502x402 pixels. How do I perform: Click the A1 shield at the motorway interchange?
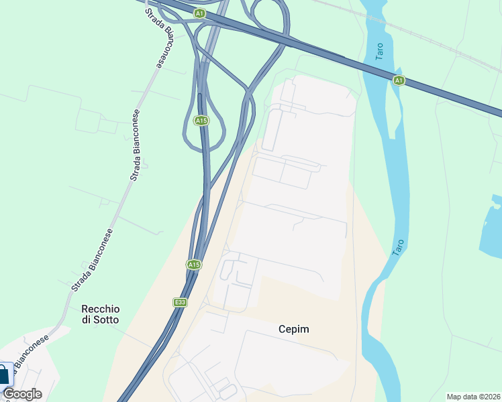pyautogui.click(x=199, y=13)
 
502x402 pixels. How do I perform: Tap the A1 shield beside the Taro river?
pyautogui.click(x=399, y=80)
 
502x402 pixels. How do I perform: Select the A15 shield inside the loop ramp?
pyautogui.click(x=201, y=121)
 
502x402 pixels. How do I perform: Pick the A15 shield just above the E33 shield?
pyautogui.click(x=193, y=265)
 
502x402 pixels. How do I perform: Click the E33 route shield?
pyautogui.click(x=180, y=302)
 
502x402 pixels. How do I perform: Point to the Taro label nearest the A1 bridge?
pyautogui.click(x=381, y=52)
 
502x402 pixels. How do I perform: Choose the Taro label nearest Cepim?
pyautogui.click(x=398, y=247)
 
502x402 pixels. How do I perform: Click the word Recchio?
pyautogui.click(x=100, y=309)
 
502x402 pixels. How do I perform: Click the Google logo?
pyautogui.click(x=21, y=394)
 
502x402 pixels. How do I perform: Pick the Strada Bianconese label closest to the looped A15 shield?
pyautogui.click(x=137, y=145)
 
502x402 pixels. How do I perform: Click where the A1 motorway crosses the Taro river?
pyautogui.click(x=376, y=70)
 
